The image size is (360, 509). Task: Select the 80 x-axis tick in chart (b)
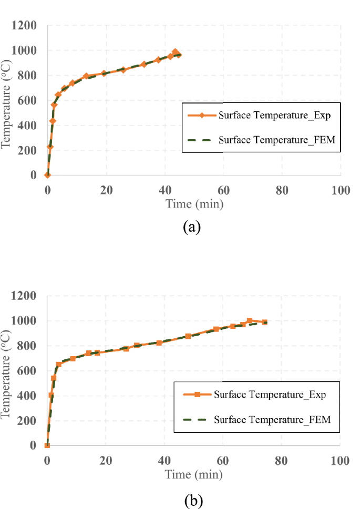coord(282,461)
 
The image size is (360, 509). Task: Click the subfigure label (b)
coord(192,501)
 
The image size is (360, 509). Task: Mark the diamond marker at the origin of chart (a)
coord(47,175)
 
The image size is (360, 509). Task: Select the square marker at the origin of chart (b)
coord(47,445)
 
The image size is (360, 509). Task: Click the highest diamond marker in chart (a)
coord(175,52)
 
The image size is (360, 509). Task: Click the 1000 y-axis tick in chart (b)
coord(25,321)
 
